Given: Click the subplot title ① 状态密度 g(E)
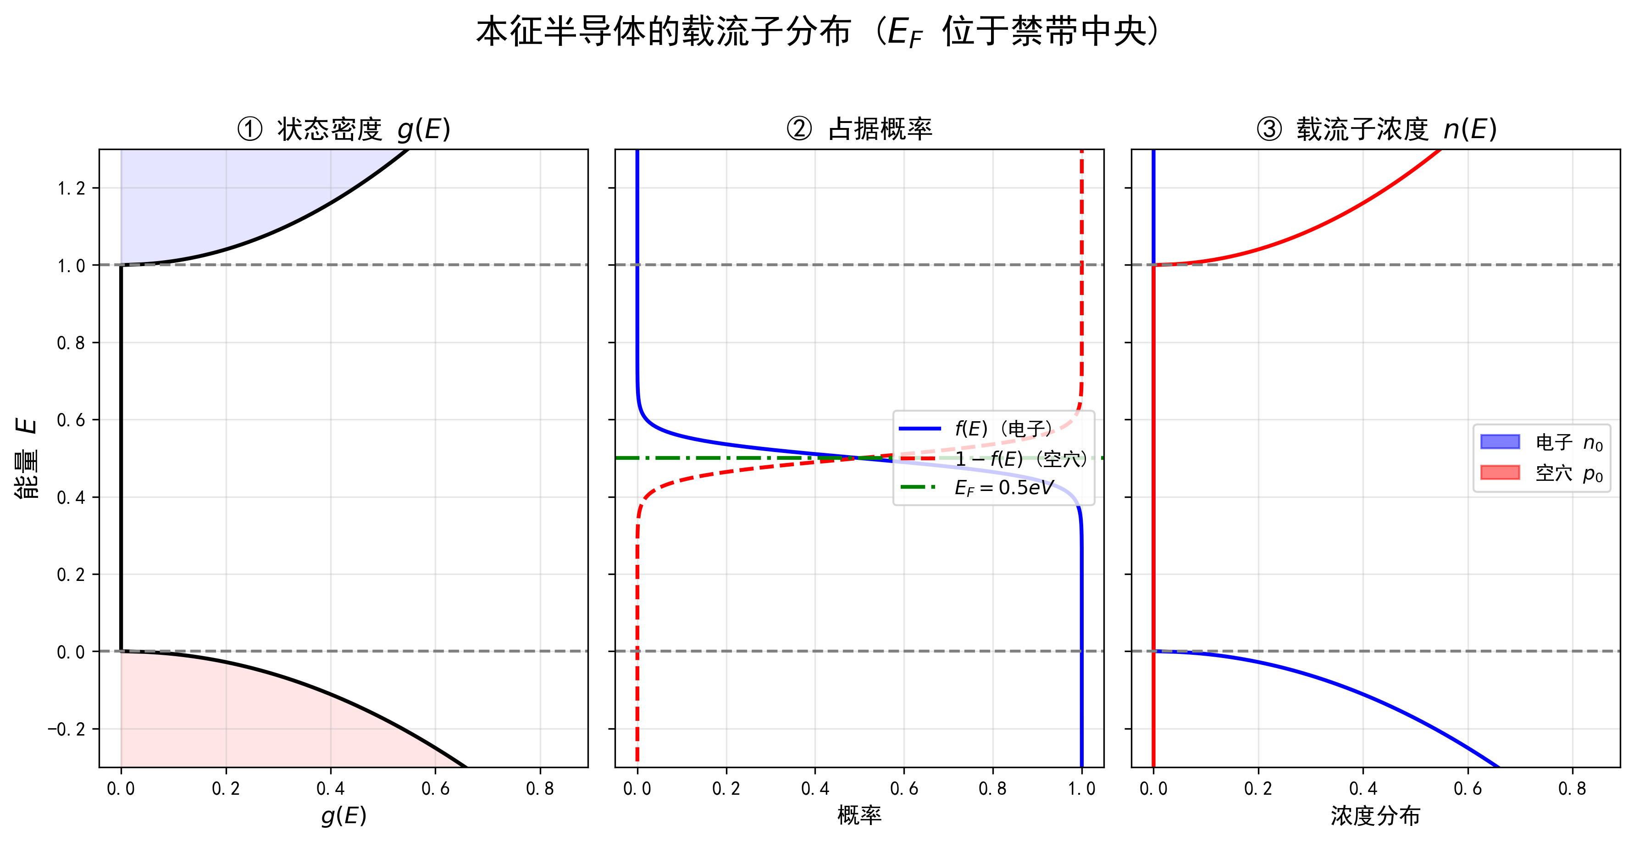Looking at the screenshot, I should [x=343, y=129].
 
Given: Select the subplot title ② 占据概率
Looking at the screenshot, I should [x=859, y=129].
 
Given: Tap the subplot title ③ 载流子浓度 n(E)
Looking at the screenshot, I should [x=1376, y=129].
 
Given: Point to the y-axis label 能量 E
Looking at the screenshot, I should [x=27, y=458].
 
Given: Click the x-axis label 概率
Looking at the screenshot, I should [x=859, y=815].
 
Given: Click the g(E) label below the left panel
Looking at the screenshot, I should [x=343, y=815].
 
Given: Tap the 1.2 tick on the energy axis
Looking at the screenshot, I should [x=71, y=189].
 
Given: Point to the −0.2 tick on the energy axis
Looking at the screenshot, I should [x=66, y=729].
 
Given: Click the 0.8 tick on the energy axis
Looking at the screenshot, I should [x=71, y=343].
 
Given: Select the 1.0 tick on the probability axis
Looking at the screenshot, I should [x=1081, y=789].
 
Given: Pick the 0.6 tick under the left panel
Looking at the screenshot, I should [x=435, y=789].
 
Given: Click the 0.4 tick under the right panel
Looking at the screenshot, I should [x=1363, y=789].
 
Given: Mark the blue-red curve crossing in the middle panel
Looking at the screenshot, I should [x=859, y=457].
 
